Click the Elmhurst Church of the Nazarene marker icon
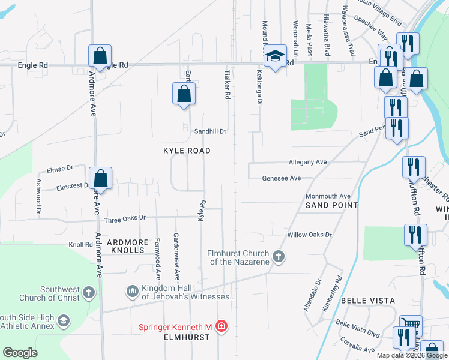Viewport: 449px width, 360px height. [278, 257]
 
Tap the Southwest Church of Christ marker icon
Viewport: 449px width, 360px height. [88, 293]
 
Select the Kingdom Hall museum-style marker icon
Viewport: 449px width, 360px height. [132, 292]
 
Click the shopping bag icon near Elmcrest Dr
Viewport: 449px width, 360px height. [101, 178]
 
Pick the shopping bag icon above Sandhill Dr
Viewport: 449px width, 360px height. [184, 94]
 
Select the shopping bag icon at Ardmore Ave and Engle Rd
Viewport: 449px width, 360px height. [100, 56]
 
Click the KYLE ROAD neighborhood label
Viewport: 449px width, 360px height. [187, 151]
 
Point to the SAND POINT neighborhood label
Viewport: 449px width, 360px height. [331, 205]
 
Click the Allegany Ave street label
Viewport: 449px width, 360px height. [307, 162]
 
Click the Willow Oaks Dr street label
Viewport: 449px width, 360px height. [309, 235]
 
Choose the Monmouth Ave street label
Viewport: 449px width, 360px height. [327, 196]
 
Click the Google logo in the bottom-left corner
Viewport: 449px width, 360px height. [20, 353]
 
